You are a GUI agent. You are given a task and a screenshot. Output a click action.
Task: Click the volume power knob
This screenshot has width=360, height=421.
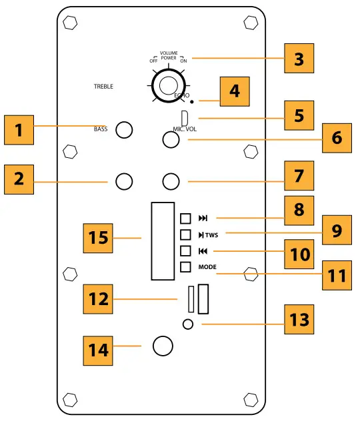[x=167, y=85]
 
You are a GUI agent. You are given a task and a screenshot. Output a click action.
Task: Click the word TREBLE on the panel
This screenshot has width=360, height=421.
[x=103, y=87]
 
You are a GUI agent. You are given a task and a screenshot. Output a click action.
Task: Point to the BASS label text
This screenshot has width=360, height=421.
[x=101, y=129]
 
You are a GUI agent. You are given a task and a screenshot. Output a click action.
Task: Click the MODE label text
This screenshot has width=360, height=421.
[x=208, y=267]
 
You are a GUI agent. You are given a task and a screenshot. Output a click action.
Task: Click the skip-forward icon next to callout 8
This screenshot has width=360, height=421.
[x=203, y=218]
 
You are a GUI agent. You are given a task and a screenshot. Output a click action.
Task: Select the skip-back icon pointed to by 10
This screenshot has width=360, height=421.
[x=203, y=251]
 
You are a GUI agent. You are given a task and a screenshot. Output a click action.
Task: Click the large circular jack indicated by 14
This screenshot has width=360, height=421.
[x=163, y=346]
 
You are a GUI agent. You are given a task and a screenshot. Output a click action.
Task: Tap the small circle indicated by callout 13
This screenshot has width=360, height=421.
[x=189, y=324]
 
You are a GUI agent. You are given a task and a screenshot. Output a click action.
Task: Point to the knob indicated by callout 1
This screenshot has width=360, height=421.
[x=124, y=130]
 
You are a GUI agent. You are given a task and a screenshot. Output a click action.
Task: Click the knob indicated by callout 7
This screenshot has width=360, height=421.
[x=172, y=181]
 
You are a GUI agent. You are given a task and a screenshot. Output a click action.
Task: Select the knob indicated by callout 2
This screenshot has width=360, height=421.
[x=124, y=181]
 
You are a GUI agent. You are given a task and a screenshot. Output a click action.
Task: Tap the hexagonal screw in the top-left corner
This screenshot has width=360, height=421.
[x=69, y=23]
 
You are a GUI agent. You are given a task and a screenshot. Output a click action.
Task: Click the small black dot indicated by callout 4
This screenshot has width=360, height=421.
[x=193, y=102]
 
